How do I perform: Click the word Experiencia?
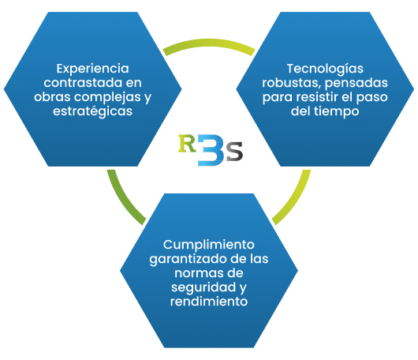pyautogui.click(x=93, y=69)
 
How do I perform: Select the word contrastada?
pyautogui.click(x=83, y=83)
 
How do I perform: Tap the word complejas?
pyautogui.click(x=108, y=97)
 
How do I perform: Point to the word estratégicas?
pyautogui.click(x=93, y=111)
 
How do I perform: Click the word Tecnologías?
pyautogui.click(x=325, y=69)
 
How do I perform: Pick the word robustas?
pyautogui.click(x=291, y=83)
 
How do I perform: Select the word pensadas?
pyautogui.click(x=356, y=84)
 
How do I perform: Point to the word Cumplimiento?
pyautogui.click(x=209, y=245)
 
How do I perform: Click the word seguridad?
pyautogui.click(x=203, y=287)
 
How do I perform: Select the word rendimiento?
pyautogui.click(x=209, y=302)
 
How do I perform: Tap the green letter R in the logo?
pyautogui.click(x=187, y=144)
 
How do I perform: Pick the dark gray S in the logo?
pyautogui.click(x=234, y=151)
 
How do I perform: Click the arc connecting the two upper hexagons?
pyautogui.click(x=209, y=43)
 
